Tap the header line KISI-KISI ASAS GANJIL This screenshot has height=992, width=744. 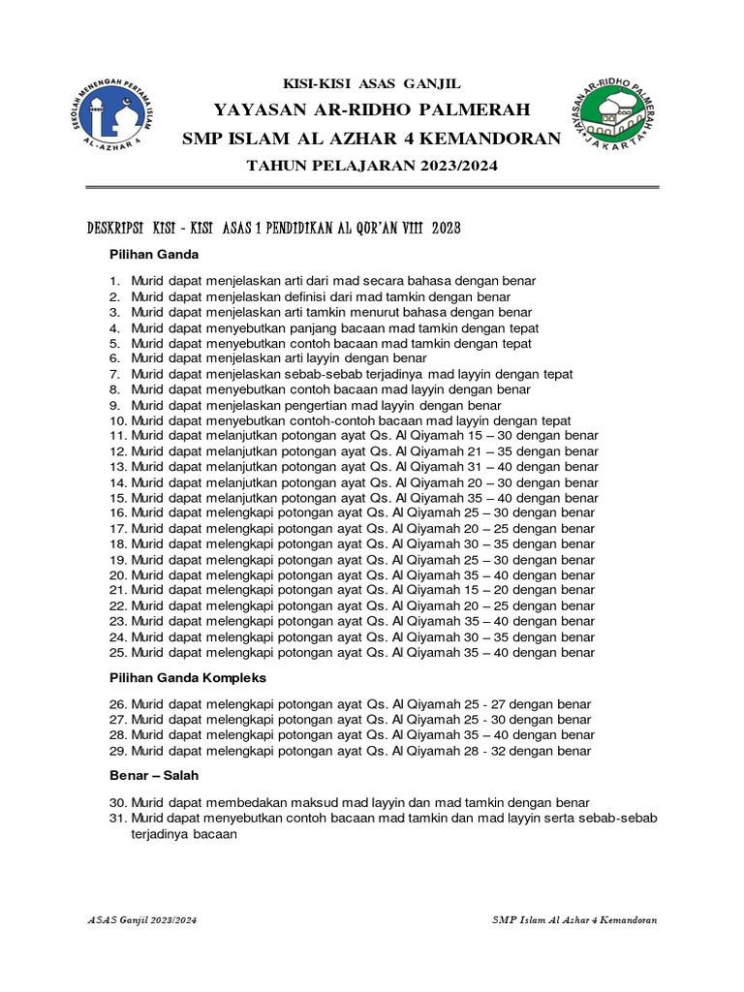click(371, 84)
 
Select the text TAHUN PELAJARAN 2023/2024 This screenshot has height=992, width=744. click(372, 167)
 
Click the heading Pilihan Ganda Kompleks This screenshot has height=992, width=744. click(188, 677)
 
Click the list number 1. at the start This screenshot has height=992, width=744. click(113, 281)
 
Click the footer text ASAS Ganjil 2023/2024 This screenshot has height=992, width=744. click(141, 919)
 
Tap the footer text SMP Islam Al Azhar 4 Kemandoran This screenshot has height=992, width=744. click(574, 919)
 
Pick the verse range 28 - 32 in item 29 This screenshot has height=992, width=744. click(492, 751)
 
